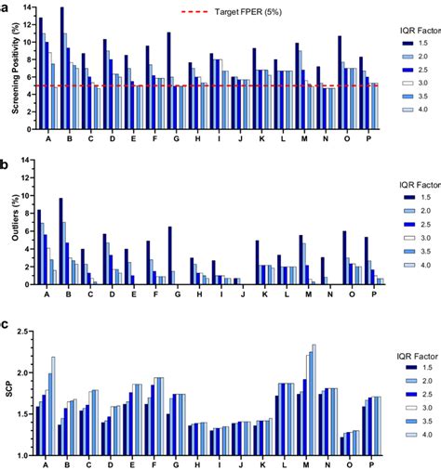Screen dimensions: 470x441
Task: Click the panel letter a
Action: click(x=6, y=6)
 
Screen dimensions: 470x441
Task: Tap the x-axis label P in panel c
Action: click(x=372, y=463)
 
